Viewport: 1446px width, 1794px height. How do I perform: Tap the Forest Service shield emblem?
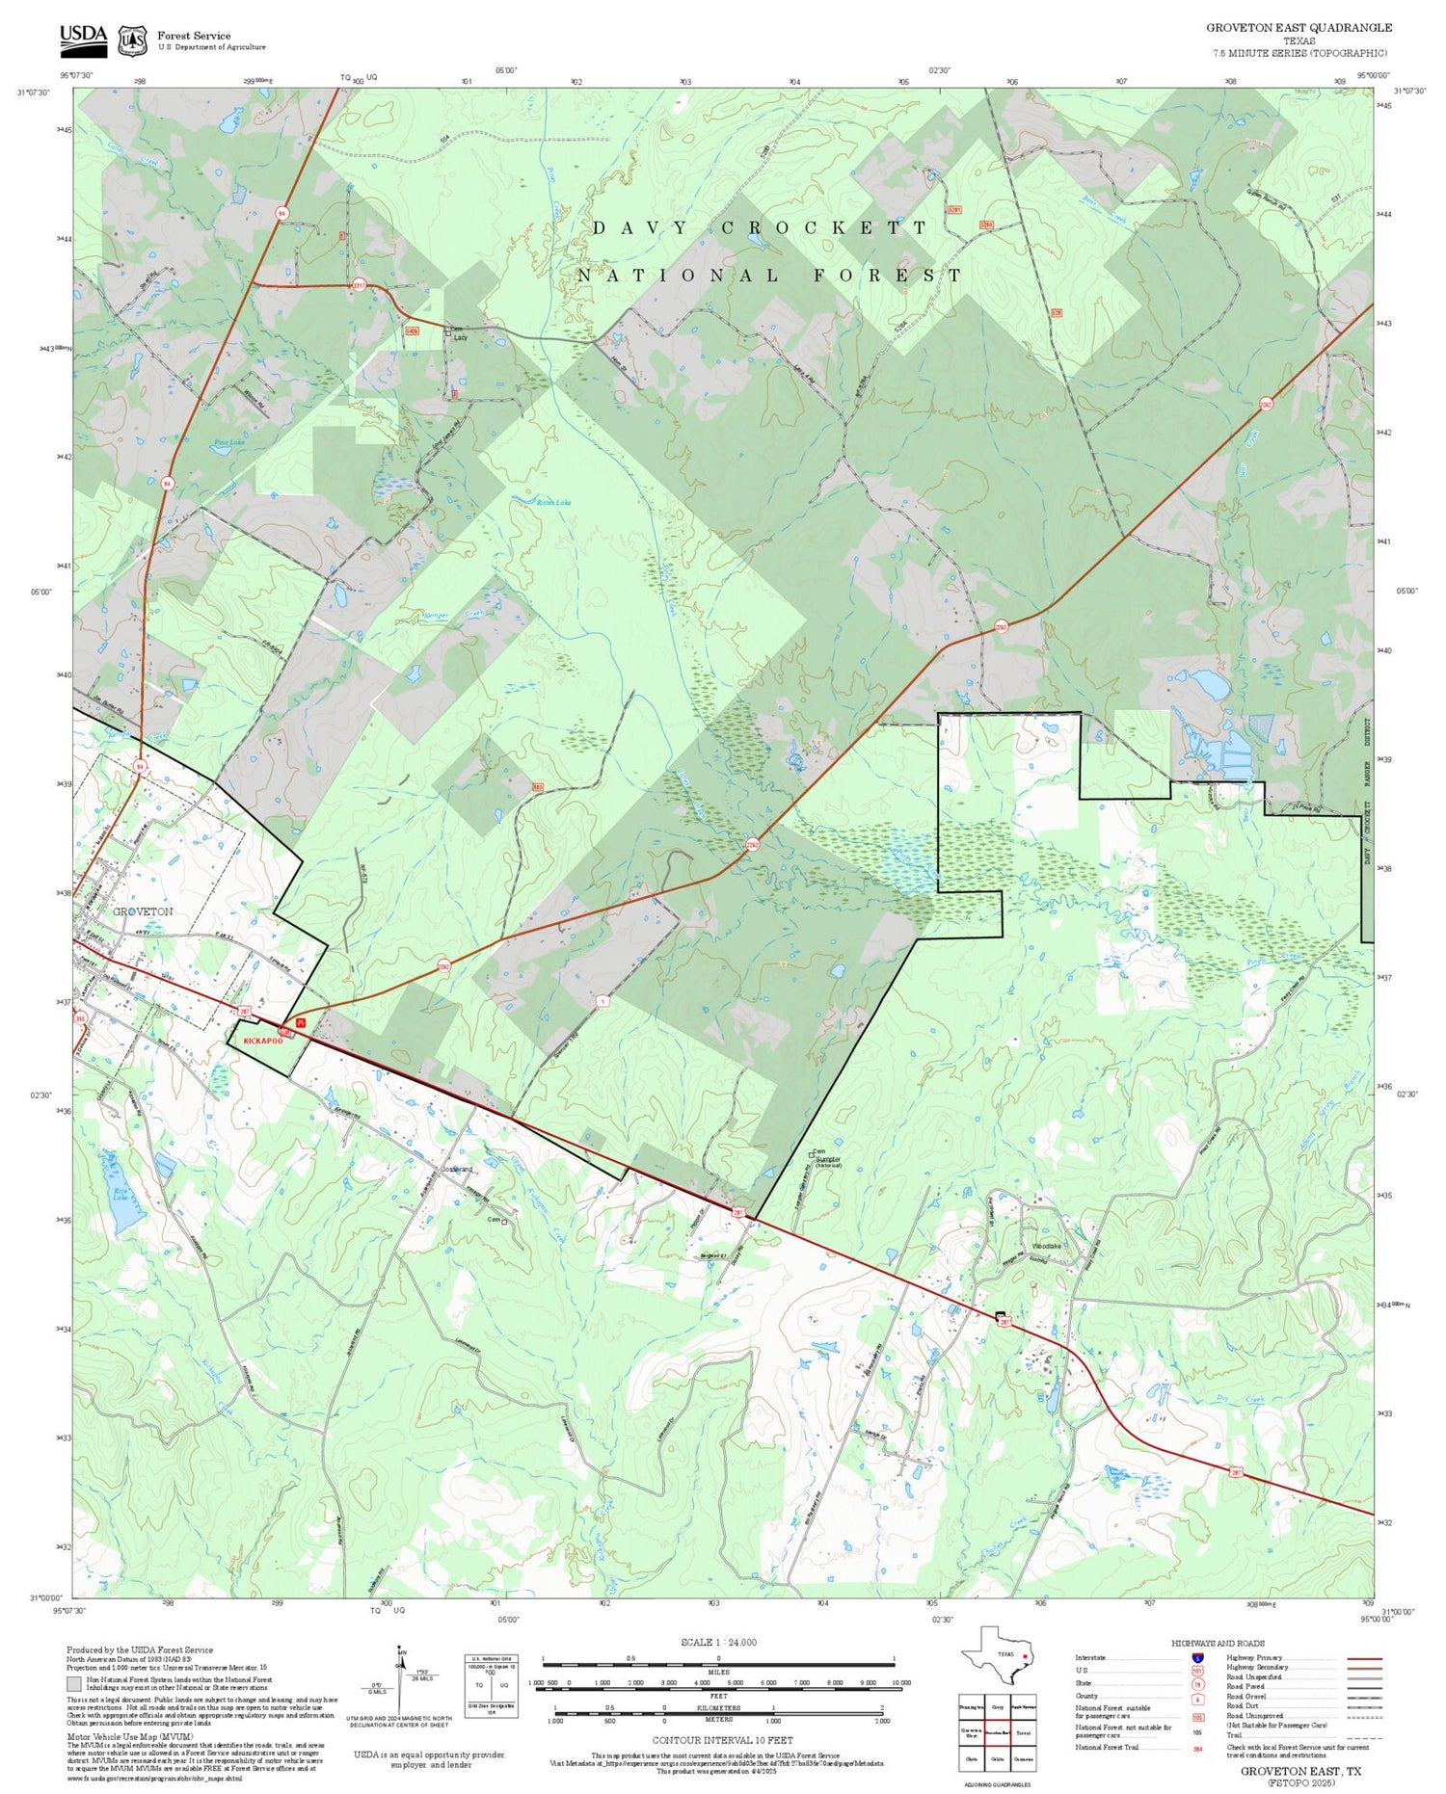coord(132,40)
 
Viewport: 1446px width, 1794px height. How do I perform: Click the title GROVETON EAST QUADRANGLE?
coord(1299,28)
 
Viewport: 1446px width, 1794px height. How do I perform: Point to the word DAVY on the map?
coord(640,228)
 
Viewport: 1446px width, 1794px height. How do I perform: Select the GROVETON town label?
coord(143,910)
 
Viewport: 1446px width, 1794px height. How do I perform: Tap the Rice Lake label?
coord(120,1193)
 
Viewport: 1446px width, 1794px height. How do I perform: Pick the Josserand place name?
coord(456,1169)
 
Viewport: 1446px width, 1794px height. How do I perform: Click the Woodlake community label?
coord(1047,1246)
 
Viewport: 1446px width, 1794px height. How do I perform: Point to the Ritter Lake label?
coord(554,502)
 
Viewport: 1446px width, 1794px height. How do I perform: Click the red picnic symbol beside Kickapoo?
coord(301,1022)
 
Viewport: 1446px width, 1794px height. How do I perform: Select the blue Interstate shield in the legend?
coord(1197,1657)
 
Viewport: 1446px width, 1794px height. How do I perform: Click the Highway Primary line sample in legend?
coord(1359,1659)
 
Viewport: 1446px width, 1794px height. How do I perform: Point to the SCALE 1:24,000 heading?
coord(718,1642)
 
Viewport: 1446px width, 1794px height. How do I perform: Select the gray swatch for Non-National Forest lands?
coord(74,1684)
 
